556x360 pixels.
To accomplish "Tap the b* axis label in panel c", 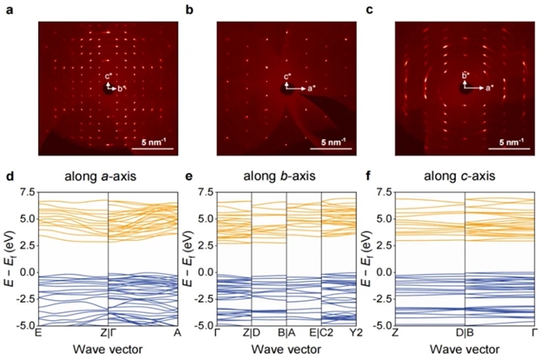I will [466, 77].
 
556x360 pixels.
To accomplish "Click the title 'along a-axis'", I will [107, 177].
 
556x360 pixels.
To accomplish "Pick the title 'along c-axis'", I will [465, 177].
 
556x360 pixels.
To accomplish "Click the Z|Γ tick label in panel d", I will [107, 335].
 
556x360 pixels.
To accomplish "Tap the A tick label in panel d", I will [178, 335].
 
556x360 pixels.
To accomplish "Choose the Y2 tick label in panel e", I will [353, 335].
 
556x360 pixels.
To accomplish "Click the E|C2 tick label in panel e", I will [322, 335].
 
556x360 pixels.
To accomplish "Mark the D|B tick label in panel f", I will [466, 335].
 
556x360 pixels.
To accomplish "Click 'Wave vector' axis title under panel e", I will [286, 350].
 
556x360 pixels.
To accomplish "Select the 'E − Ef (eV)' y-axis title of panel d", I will [8, 258].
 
